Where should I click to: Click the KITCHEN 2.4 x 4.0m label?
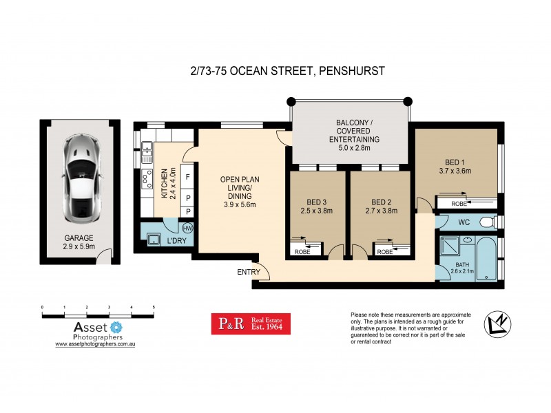tap(168, 183)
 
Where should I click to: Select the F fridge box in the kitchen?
tap(187, 177)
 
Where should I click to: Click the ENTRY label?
tap(248, 272)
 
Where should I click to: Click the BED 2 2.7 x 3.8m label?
tap(382, 206)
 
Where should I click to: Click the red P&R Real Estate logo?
tap(250, 324)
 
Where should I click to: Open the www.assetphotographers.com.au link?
tap(95, 343)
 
